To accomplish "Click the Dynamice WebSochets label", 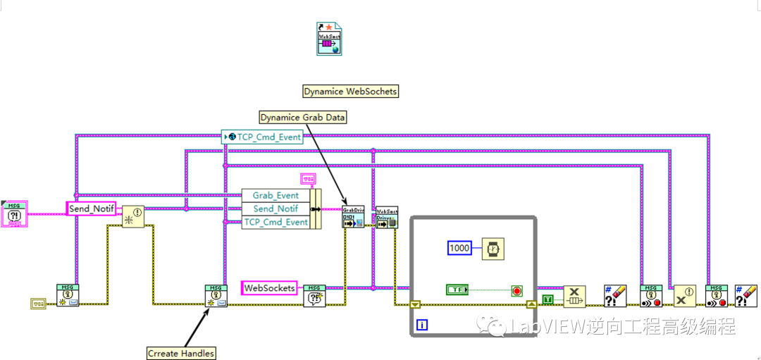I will click(x=350, y=91).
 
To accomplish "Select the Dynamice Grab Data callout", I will click(x=303, y=117).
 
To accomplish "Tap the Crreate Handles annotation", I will click(x=181, y=353).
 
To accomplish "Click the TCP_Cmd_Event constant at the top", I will click(x=262, y=137).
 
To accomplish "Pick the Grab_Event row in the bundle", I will click(x=275, y=195).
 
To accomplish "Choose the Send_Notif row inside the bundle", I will click(x=275, y=209).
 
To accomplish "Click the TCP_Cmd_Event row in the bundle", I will click(x=275, y=222).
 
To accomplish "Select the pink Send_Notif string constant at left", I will click(x=91, y=209).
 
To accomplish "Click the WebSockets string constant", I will click(x=269, y=288).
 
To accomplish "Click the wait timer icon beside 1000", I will click(x=493, y=249).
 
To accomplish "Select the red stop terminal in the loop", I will click(x=517, y=291).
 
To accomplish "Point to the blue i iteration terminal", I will click(x=422, y=325).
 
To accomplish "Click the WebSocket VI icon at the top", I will click(x=329, y=38).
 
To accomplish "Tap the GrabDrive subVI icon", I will click(x=353, y=216).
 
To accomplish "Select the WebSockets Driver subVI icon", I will click(x=387, y=217).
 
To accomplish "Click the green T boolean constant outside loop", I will click(x=547, y=300).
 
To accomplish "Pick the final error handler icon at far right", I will click(x=745, y=295).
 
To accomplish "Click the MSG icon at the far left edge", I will click(x=15, y=213).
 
